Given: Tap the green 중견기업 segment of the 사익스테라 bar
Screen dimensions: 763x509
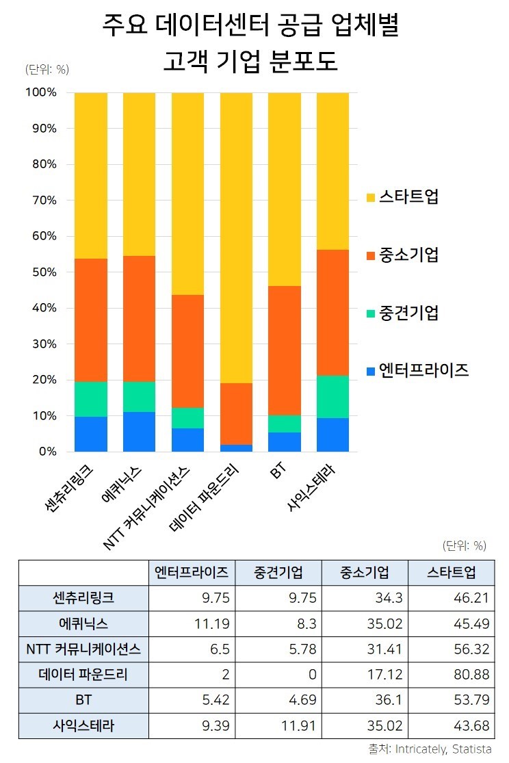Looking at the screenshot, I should click(x=332, y=397).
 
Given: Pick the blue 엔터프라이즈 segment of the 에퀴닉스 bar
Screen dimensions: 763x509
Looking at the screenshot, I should click(x=139, y=432).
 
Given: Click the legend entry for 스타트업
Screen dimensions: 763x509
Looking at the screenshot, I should click(x=409, y=198).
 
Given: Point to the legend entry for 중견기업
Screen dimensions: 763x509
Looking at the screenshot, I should click(x=409, y=313).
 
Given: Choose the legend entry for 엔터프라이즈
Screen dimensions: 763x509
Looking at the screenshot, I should click(x=423, y=371).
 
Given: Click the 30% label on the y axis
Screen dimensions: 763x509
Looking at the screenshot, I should click(x=42, y=344).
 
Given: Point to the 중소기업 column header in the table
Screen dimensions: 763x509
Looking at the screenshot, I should click(x=364, y=572).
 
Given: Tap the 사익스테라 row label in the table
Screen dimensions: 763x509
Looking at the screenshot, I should click(x=83, y=726).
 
